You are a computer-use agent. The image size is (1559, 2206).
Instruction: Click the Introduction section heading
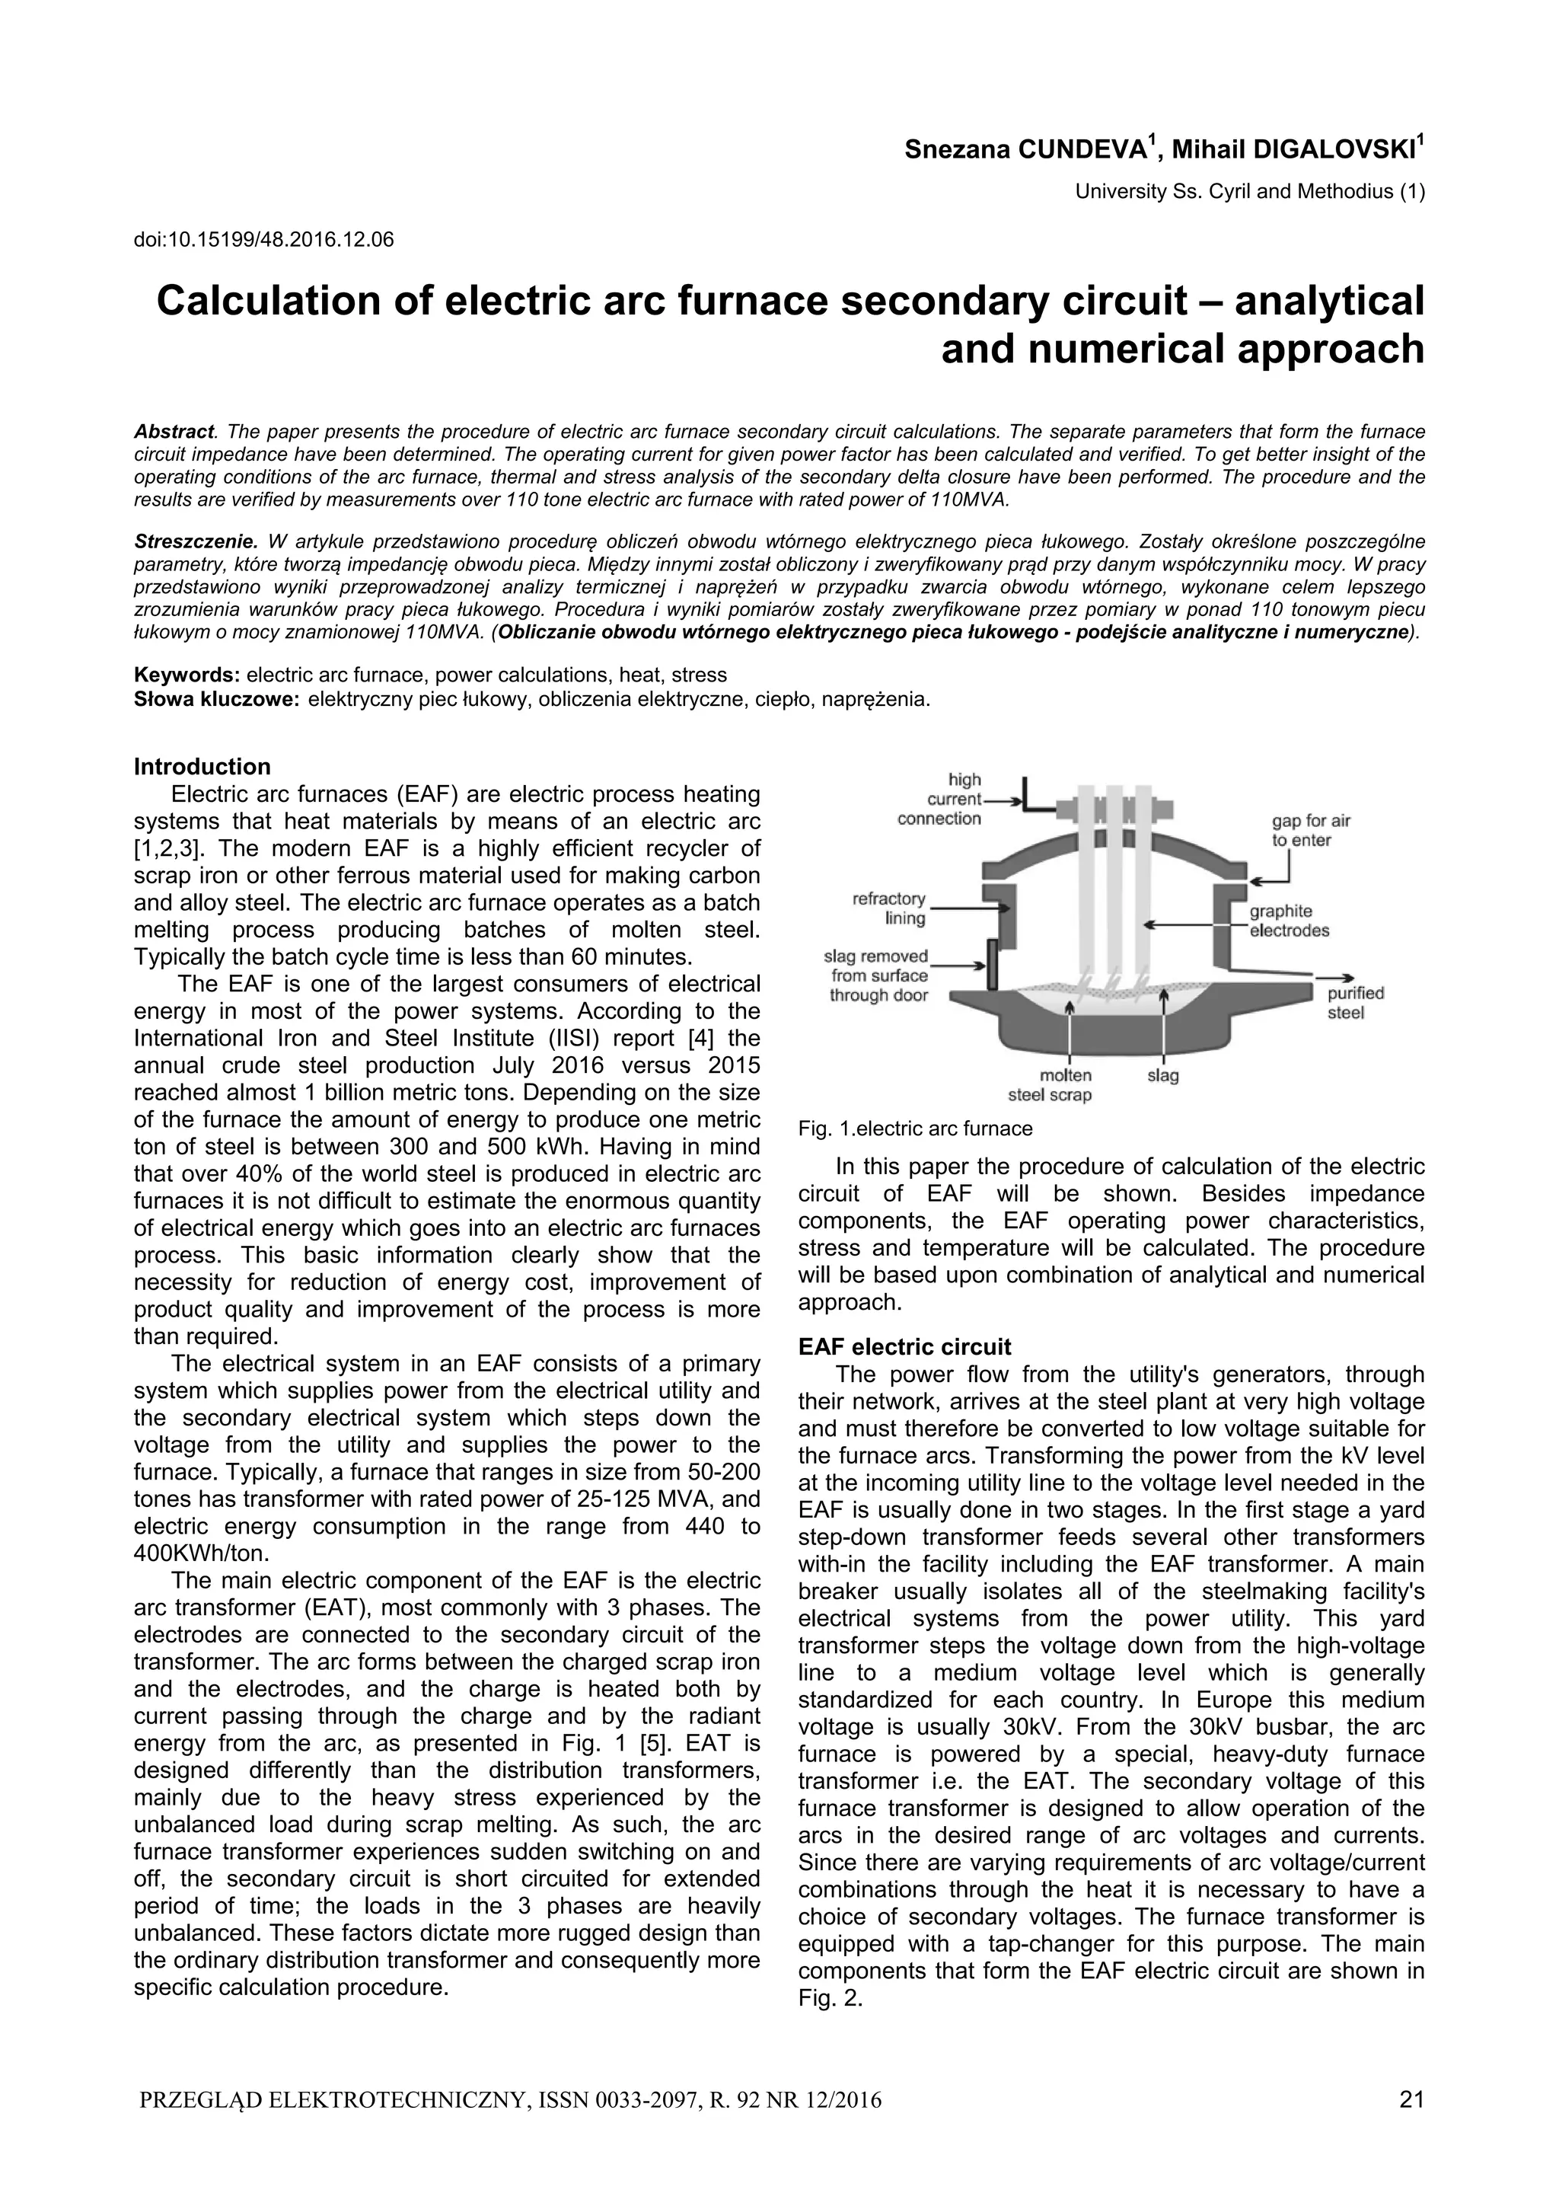[202, 767]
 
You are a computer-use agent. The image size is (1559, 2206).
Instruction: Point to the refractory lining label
[889, 908]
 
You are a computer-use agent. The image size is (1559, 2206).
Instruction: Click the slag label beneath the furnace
[1162, 1075]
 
